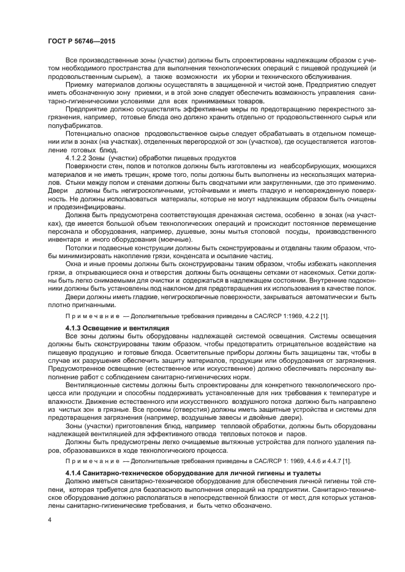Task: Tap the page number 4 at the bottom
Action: pyautogui.click(x=49, y=518)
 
